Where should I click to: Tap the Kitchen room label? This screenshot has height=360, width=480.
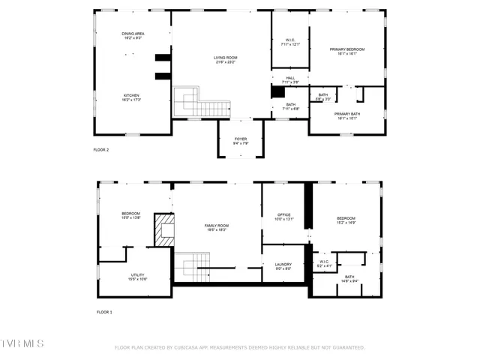point(131,97)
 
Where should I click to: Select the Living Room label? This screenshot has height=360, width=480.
point(226,59)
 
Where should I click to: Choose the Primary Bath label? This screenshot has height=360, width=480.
point(347,115)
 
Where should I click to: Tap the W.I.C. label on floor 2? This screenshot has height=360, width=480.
point(290,42)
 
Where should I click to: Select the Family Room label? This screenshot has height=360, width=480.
point(217,228)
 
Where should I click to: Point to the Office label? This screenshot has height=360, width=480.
point(283,217)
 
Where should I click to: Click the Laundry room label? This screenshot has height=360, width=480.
point(283,266)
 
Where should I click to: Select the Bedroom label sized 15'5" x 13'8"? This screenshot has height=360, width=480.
point(131,215)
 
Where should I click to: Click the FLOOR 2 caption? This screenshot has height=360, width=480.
point(101,150)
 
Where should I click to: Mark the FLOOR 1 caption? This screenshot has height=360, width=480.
point(104,311)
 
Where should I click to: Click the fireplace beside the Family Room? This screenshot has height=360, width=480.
point(163,229)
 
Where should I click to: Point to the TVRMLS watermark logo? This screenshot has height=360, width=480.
point(22,343)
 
